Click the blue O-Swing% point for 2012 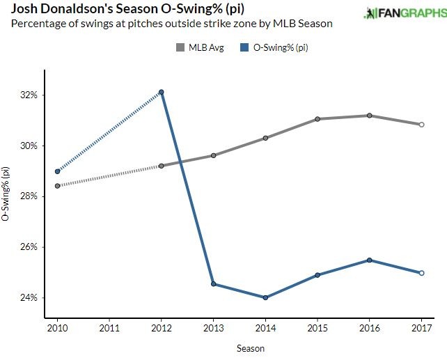tap(161, 92)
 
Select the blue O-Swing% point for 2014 tap(265, 298)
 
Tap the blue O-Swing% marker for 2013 tap(213, 284)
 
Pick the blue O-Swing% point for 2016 tap(369, 260)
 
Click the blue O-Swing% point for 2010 tap(57, 171)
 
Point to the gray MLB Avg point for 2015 tap(317, 119)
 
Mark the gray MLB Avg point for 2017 tap(421, 125)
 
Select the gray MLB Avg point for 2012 tap(161, 166)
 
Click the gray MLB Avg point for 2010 tap(57, 186)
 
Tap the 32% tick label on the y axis tap(29, 95)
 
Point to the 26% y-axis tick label tap(29, 247)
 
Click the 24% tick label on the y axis tap(29, 298)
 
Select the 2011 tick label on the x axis tap(109, 327)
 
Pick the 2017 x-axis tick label tap(421, 327)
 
